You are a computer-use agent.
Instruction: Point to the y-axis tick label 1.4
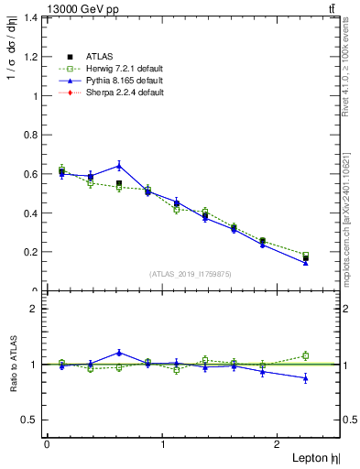[29, 17]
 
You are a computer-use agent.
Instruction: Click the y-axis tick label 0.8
[29, 135]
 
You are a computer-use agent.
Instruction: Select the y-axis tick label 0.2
[29, 252]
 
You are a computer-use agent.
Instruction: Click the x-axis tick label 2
[278, 444]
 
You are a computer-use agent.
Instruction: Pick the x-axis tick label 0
[47, 444]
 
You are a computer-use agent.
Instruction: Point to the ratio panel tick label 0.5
[29, 420]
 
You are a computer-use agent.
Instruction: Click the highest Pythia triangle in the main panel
[119, 166]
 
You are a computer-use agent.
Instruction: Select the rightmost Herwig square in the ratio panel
[306, 355]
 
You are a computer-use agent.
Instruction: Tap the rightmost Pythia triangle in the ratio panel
[306, 378]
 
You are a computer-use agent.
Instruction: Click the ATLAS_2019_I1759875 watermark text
[190, 273]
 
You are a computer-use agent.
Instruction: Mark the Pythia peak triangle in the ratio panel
[119, 353]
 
